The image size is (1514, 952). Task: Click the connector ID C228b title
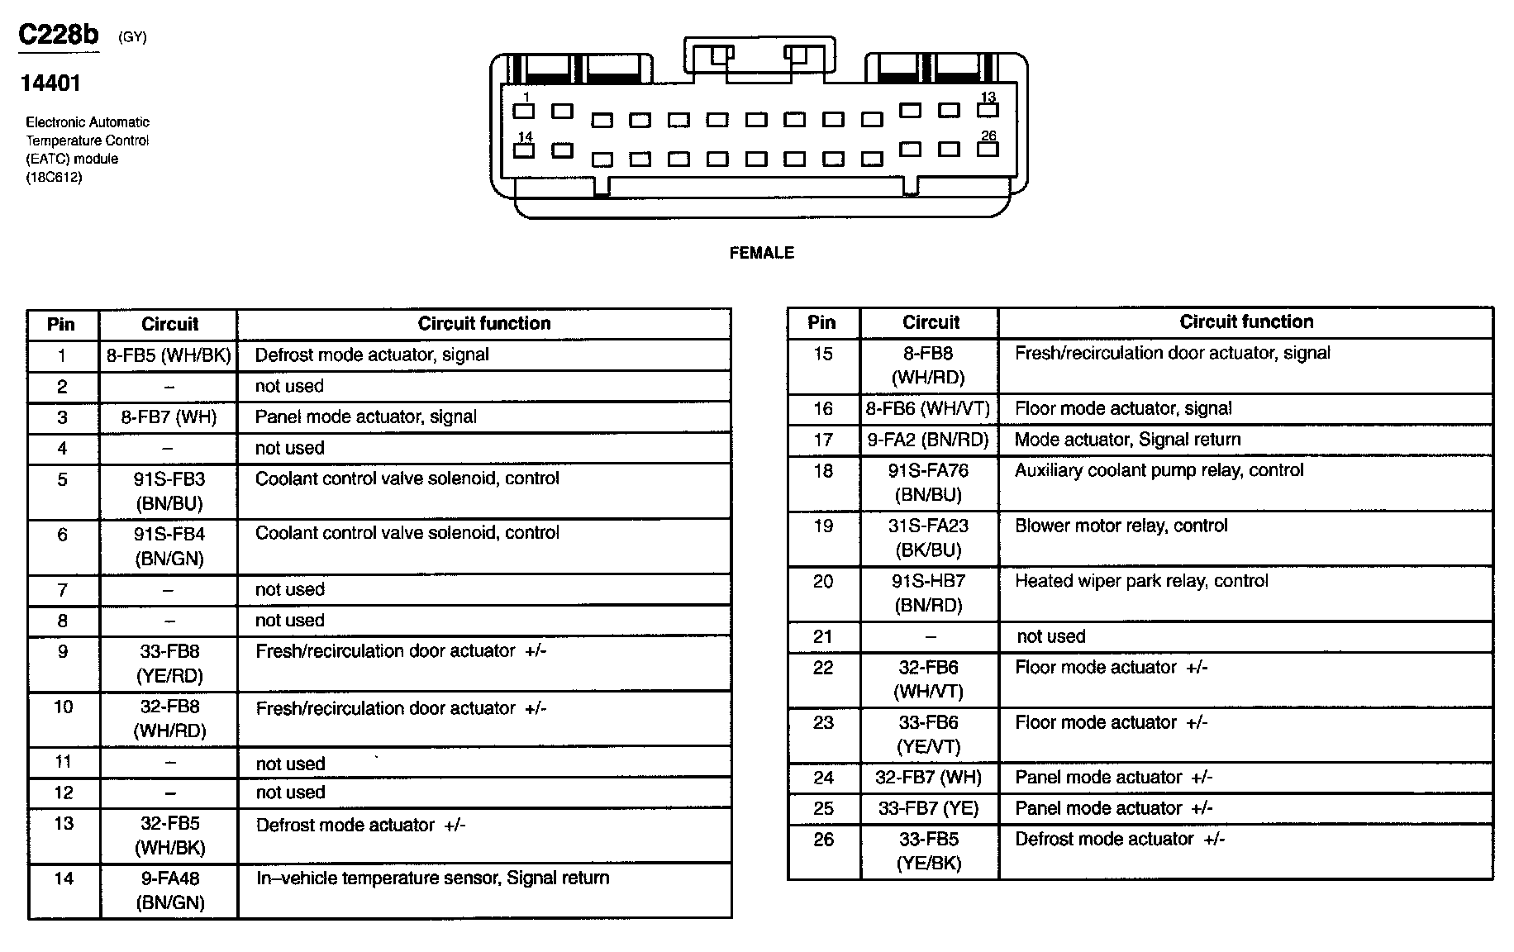[x=59, y=35]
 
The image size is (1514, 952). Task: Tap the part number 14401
[x=50, y=83]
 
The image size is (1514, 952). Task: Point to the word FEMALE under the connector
[x=761, y=253]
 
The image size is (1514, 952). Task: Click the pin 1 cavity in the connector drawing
[x=524, y=111]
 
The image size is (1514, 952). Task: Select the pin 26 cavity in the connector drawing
[x=988, y=150]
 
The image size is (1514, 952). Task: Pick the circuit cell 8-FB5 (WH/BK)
[x=169, y=355]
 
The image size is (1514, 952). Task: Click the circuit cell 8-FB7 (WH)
[x=169, y=417]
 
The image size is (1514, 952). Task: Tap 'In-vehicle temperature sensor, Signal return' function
[x=432, y=878]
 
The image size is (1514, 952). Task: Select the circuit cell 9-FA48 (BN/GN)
[x=169, y=891]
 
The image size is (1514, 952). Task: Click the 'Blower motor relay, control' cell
[x=1121, y=526]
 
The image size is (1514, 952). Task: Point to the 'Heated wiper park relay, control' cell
[x=1141, y=581]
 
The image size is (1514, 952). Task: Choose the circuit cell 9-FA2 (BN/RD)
[x=928, y=440]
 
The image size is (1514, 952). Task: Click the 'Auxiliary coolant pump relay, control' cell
[x=1159, y=470]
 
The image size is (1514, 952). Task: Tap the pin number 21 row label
[x=822, y=636]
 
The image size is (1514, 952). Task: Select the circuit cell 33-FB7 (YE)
[x=928, y=808]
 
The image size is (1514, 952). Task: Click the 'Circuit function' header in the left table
[x=483, y=323]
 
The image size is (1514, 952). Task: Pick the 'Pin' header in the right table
[x=821, y=322]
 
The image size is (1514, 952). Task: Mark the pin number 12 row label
[x=64, y=793]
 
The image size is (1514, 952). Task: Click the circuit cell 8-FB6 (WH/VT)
[x=928, y=408]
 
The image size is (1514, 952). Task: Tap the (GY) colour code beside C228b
[x=132, y=37]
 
